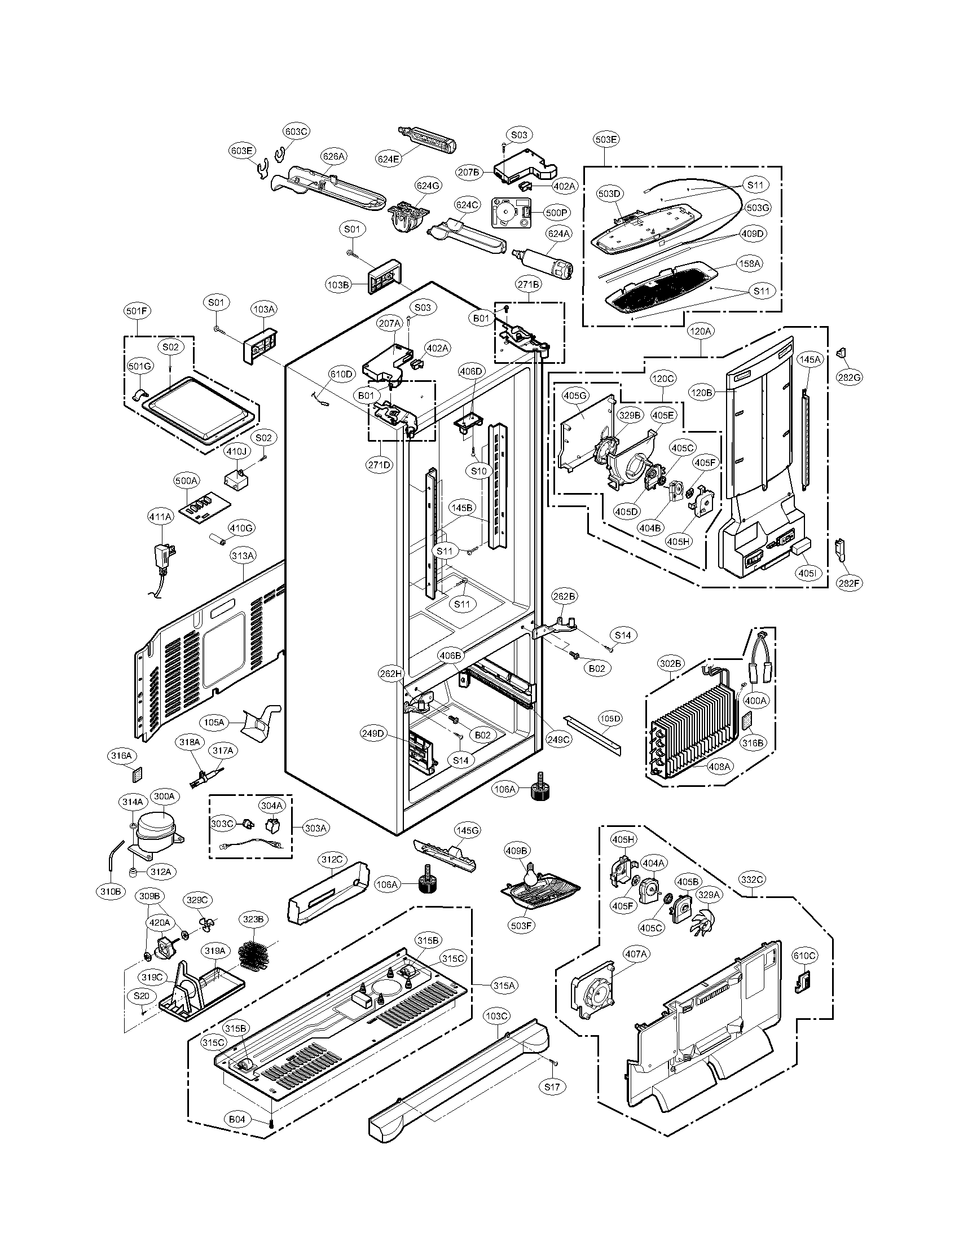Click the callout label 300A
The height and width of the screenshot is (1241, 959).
(164, 796)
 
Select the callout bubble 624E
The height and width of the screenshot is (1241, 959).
(388, 160)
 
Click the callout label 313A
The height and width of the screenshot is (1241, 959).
(243, 555)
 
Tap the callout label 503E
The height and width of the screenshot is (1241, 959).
(607, 139)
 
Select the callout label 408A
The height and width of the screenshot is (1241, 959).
(719, 767)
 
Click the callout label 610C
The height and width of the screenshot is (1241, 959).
(804, 956)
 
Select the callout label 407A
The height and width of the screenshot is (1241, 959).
(636, 954)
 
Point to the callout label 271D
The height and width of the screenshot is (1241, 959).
(380, 464)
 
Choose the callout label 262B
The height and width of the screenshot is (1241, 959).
(565, 596)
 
